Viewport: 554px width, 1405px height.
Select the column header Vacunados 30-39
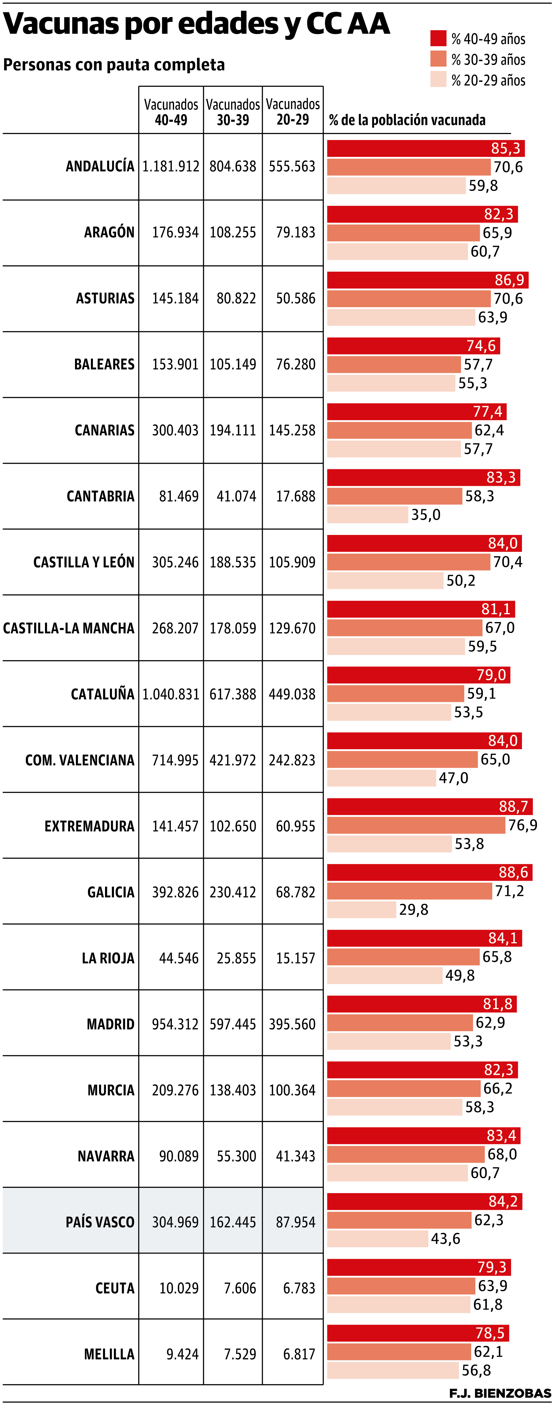tap(233, 112)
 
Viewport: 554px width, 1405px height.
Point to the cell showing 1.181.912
tap(171, 166)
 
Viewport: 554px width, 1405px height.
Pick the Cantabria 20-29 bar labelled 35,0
tap(367, 514)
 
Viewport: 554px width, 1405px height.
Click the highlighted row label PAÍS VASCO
tap(100, 1222)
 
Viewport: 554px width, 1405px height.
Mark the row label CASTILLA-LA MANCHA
tap(69, 628)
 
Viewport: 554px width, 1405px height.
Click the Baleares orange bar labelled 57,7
tap(394, 364)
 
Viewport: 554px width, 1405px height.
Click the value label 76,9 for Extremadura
tap(522, 825)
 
